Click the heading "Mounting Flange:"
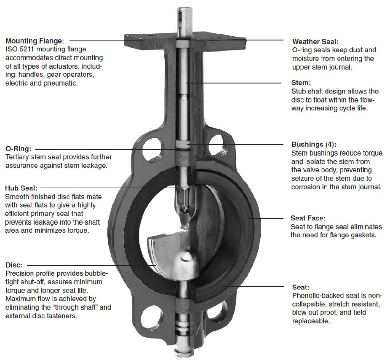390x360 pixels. (x=35, y=41)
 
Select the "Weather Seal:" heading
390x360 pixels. (x=315, y=42)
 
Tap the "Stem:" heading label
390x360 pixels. (x=301, y=83)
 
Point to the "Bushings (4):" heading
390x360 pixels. (x=314, y=144)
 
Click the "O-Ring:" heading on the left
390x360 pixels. (x=18, y=149)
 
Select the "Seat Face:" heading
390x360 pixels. (x=308, y=218)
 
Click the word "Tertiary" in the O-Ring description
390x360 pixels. (x=17, y=157)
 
